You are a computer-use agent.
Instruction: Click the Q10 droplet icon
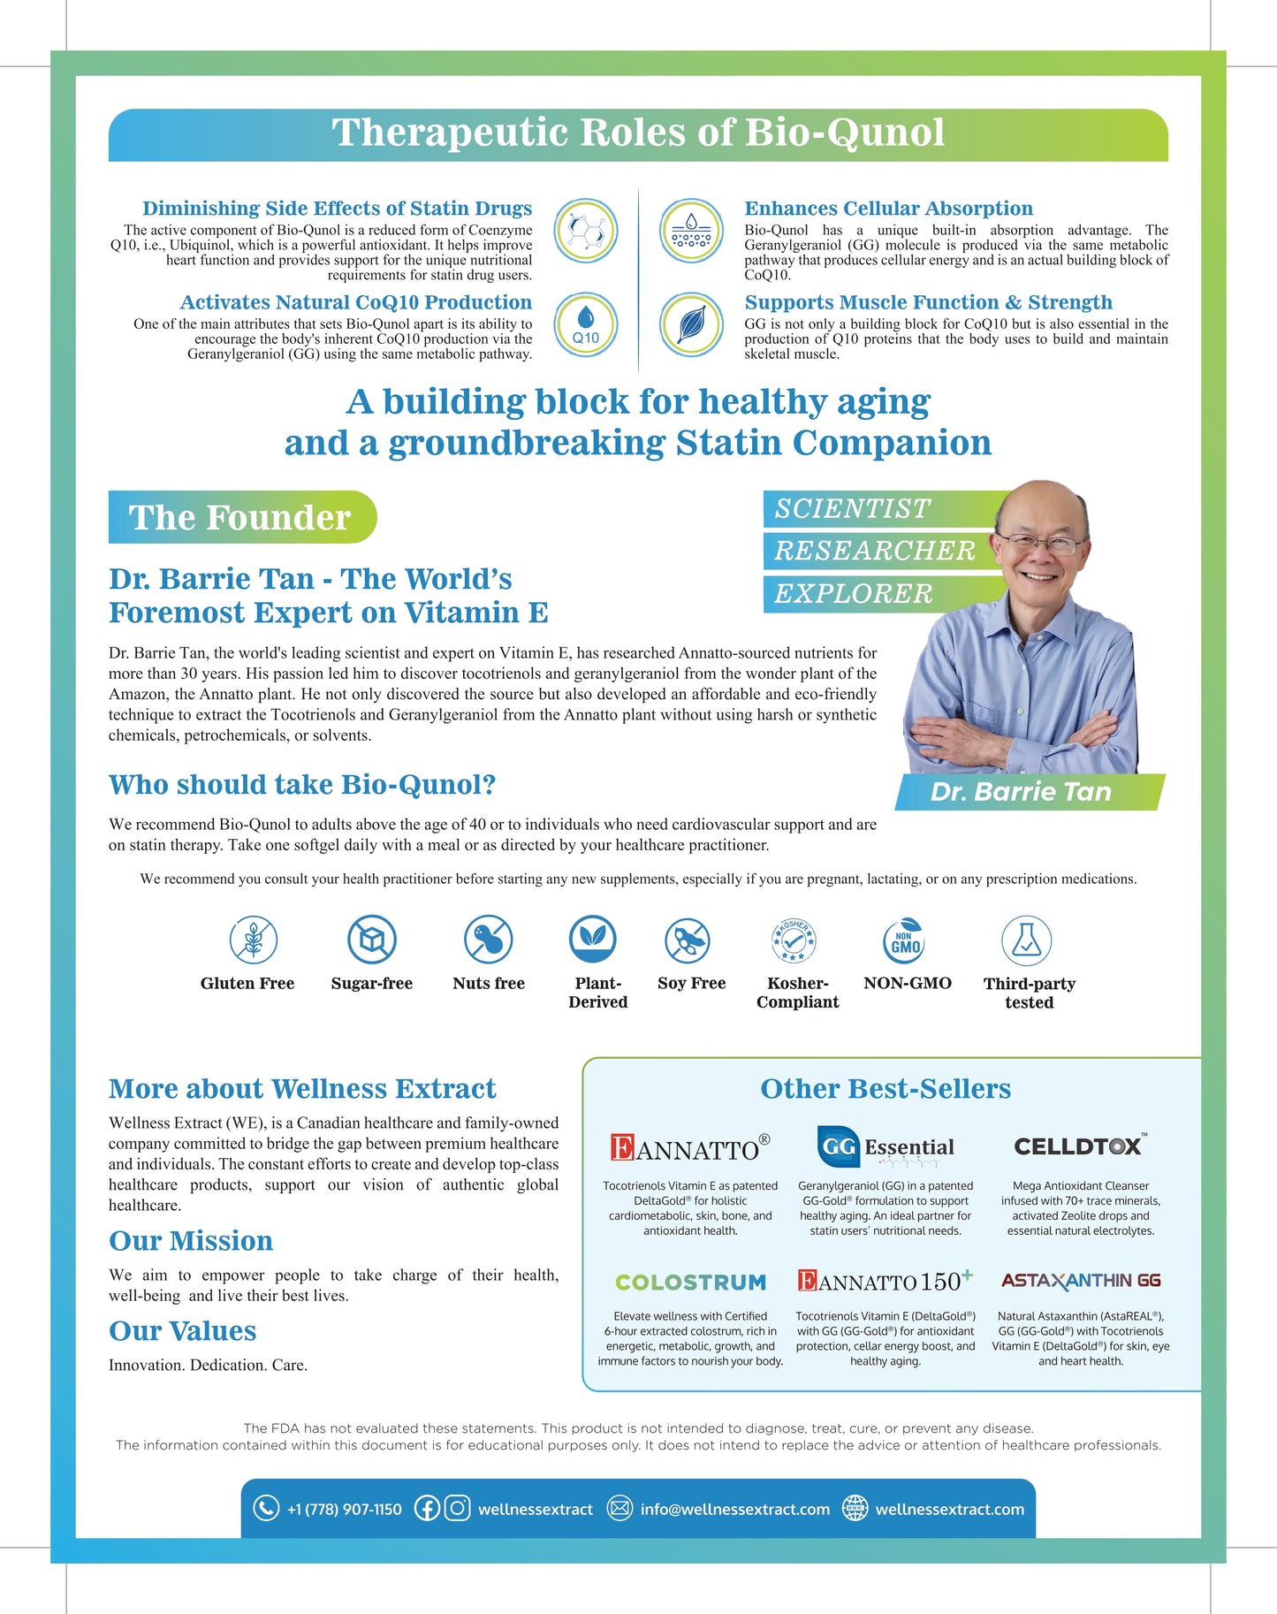[x=585, y=324]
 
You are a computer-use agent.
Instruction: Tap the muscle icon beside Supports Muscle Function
[x=691, y=324]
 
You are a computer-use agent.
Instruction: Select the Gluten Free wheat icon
[x=254, y=940]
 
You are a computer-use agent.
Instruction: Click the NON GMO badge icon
[x=905, y=940]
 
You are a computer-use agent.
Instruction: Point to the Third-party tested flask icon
[x=1026, y=940]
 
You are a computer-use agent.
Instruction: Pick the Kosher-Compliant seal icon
[x=794, y=940]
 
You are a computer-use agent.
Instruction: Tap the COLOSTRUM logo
[x=690, y=1282]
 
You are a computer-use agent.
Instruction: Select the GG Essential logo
[x=886, y=1147]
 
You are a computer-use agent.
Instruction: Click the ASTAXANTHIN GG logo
[x=1081, y=1281]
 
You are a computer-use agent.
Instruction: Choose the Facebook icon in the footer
[x=427, y=1508]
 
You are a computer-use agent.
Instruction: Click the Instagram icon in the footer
[x=457, y=1508]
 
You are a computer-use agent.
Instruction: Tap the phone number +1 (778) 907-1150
[x=344, y=1510]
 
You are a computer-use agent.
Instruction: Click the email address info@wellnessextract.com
[x=734, y=1510]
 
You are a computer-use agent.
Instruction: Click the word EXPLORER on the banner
[x=854, y=594]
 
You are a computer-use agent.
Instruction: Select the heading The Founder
[x=240, y=517]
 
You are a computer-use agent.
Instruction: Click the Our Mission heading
[x=191, y=1241]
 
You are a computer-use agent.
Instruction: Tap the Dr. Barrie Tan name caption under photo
[x=1021, y=792]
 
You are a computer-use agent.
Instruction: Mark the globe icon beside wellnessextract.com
[x=855, y=1508]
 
